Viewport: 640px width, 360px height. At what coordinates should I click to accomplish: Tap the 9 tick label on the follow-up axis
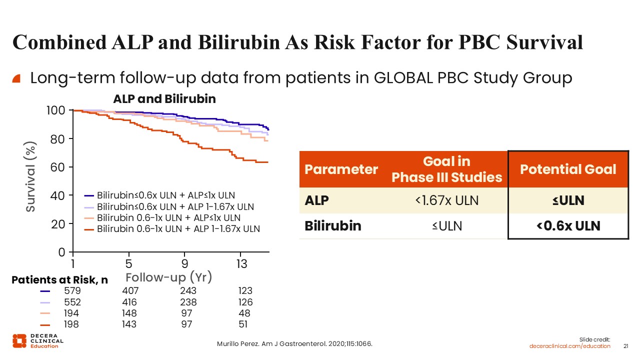click(x=185, y=264)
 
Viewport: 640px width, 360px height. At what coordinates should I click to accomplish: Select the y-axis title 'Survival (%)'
click(x=31, y=176)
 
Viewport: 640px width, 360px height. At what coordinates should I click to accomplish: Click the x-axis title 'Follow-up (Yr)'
click(x=169, y=277)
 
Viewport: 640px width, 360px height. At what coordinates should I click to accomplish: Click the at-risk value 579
click(x=72, y=291)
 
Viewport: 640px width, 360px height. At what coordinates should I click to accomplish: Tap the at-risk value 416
click(x=129, y=302)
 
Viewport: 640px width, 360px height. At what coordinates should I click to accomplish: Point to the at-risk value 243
click(x=188, y=291)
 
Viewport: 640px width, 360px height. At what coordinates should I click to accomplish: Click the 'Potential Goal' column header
click(x=568, y=169)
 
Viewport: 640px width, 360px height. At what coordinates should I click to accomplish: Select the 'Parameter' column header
click(x=341, y=169)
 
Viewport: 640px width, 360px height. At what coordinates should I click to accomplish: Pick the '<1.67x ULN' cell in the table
click(x=446, y=201)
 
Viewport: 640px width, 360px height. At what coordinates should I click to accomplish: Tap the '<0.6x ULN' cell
click(x=568, y=226)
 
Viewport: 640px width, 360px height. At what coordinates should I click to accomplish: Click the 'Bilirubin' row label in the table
click(x=332, y=226)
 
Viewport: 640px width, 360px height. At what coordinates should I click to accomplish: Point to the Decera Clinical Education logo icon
click(x=19, y=340)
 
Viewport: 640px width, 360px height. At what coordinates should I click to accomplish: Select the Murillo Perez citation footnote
click(x=294, y=344)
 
